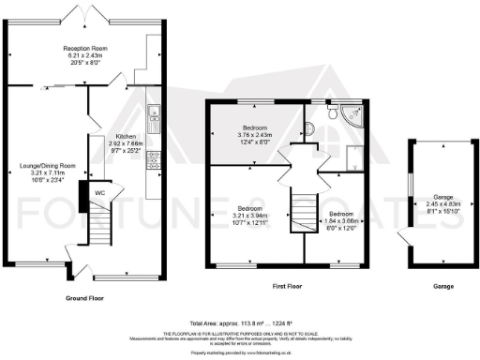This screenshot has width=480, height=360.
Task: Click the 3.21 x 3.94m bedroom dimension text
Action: pos(249,215)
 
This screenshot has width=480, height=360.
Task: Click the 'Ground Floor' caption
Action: pos(84,297)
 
